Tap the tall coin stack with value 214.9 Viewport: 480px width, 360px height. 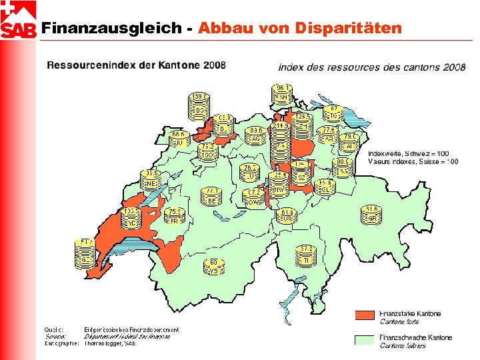(281, 143)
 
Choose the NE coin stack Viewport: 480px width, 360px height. (151, 179)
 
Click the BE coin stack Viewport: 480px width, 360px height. (211, 196)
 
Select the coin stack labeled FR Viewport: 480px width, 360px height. (175, 217)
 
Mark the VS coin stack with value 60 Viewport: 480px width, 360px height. (213, 267)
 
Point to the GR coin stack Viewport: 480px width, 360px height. (372, 215)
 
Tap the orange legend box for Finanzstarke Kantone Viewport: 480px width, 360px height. (364, 315)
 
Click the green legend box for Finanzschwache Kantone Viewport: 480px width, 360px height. (364, 340)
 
